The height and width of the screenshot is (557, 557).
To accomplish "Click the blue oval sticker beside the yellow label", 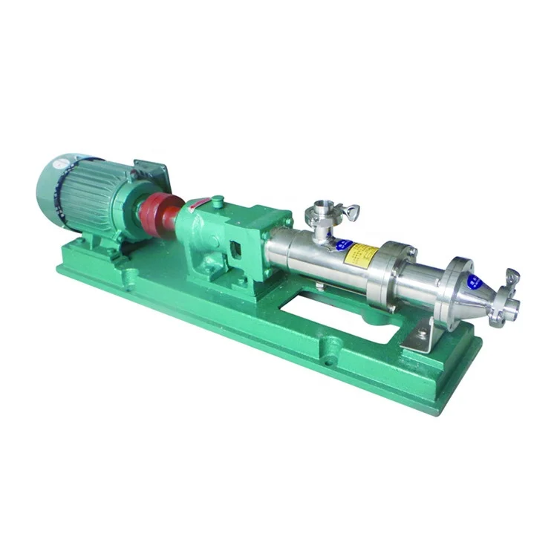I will coord(342,245).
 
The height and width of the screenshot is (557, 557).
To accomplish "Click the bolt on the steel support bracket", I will coord(421,335).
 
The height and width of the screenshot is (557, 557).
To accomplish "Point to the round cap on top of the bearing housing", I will coord(217,201).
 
